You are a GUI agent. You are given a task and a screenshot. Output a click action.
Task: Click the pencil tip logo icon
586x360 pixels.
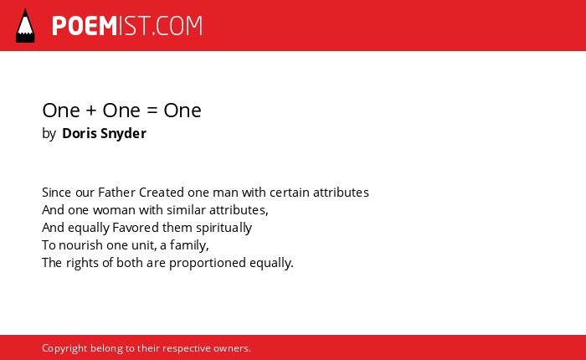point(25,26)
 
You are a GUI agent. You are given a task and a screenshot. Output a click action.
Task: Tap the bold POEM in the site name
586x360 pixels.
point(85,26)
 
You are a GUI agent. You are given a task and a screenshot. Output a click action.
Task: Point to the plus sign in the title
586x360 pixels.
point(91,111)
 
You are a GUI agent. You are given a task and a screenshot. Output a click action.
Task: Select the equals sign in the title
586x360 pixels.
point(152,111)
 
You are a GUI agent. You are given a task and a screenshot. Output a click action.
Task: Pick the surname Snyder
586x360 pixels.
point(123,134)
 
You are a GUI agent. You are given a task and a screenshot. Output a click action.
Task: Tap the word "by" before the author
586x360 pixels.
point(49,134)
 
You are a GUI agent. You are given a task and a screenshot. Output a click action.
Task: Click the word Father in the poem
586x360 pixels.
point(116,193)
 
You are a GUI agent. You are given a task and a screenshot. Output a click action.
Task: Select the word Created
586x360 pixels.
point(162,193)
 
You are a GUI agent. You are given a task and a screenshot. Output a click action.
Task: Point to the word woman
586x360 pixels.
point(114,210)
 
